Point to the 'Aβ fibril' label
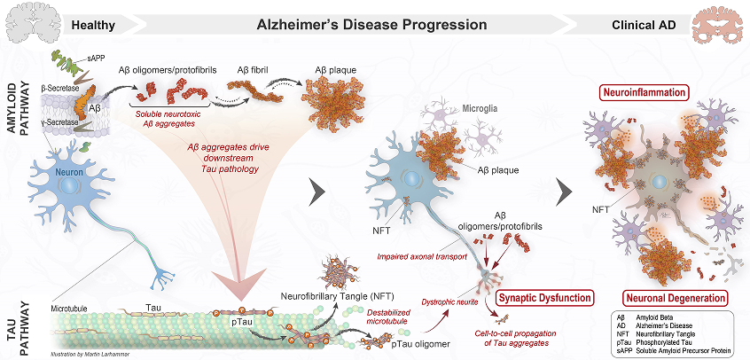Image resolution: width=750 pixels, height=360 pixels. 255,68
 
